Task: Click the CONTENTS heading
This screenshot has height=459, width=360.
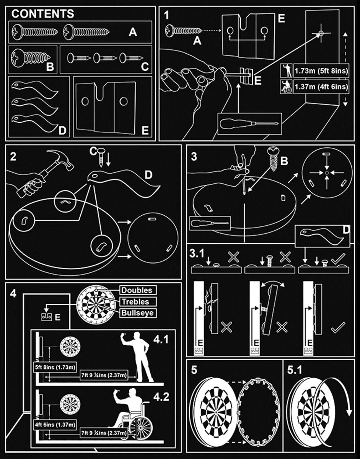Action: click(x=43, y=15)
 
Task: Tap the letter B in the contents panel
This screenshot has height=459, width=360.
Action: click(x=50, y=67)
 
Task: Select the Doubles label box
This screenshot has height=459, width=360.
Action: click(x=136, y=290)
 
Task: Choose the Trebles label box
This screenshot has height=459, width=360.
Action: click(x=136, y=301)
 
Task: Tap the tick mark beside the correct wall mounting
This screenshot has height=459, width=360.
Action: click(x=339, y=327)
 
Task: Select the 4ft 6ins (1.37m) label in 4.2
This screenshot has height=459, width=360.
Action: click(x=55, y=424)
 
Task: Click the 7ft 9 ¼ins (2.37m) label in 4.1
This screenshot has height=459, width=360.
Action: click(x=103, y=376)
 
